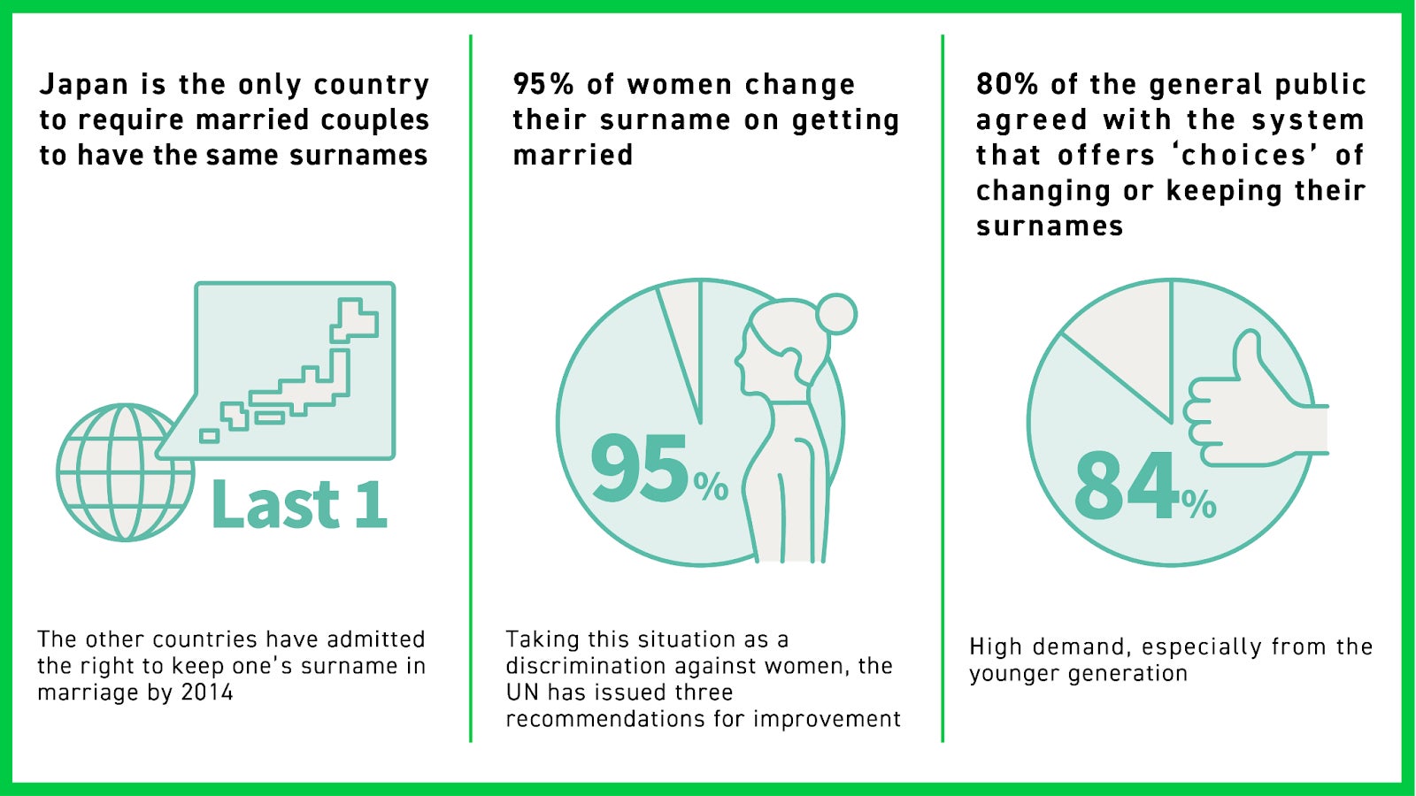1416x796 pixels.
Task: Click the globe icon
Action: [125, 472]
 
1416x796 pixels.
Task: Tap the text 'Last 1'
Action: [298, 503]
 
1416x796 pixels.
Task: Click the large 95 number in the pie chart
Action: [638, 468]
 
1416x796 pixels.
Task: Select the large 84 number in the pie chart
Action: [1127, 486]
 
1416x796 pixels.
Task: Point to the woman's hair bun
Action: [836, 314]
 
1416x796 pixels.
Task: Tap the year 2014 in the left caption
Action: [207, 693]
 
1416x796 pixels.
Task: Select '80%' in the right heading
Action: [1007, 84]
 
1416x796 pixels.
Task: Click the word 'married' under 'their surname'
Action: [573, 155]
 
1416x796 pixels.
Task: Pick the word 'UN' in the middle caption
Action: [522, 693]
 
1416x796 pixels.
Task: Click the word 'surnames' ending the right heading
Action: [1050, 226]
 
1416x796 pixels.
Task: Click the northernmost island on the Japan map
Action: [354, 319]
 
